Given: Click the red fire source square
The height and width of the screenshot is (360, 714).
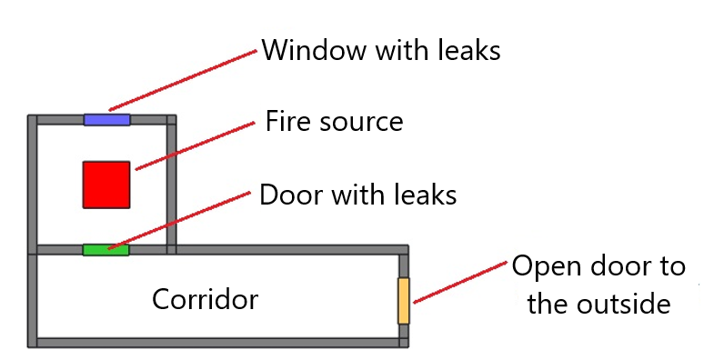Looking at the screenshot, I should pos(106,185).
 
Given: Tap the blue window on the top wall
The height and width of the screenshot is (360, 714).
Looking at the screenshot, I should pos(106,119).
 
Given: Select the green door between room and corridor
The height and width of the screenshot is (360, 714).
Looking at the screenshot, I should pos(106,249).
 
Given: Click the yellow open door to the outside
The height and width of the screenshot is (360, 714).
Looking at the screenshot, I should pos(404,301).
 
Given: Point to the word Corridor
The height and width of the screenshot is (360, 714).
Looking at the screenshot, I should pos(205,299).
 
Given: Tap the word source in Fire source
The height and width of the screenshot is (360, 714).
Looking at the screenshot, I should pos(360,123).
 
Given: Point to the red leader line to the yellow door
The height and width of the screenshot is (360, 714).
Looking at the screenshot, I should pos(459,281).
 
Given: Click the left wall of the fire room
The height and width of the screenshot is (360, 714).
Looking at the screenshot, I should pos(33,182).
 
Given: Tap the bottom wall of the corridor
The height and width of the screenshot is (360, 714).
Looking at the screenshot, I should pos(218,343).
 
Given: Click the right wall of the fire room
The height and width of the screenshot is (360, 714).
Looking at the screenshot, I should pos(171,182).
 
